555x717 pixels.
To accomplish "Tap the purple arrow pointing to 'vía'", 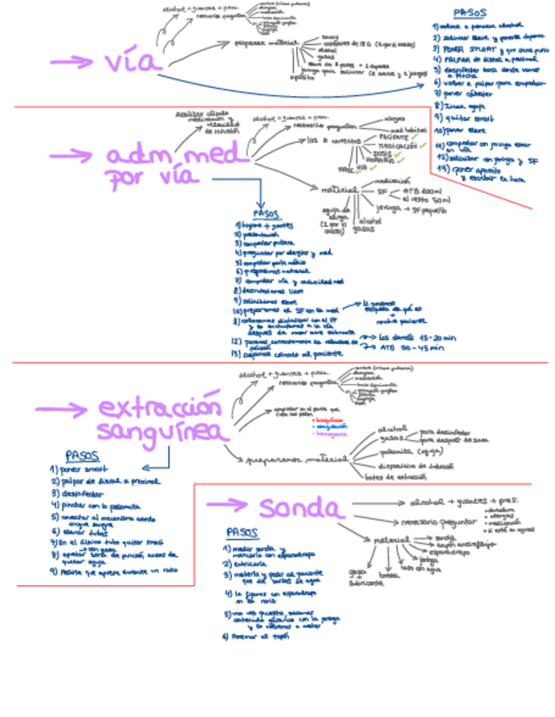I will click(x=71, y=62).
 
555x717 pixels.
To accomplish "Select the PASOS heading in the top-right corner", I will click(x=470, y=14).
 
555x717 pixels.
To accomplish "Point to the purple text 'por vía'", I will click(x=152, y=178).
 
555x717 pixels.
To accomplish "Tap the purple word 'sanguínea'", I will click(x=163, y=432).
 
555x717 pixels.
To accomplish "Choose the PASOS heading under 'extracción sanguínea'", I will click(x=82, y=456).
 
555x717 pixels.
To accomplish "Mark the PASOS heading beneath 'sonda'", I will click(x=244, y=533).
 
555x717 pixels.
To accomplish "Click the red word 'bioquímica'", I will click(x=327, y=419).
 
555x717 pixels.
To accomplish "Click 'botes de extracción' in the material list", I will click(x=395, y=477).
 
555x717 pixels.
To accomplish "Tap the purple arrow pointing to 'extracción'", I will click(x=60, y=409).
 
